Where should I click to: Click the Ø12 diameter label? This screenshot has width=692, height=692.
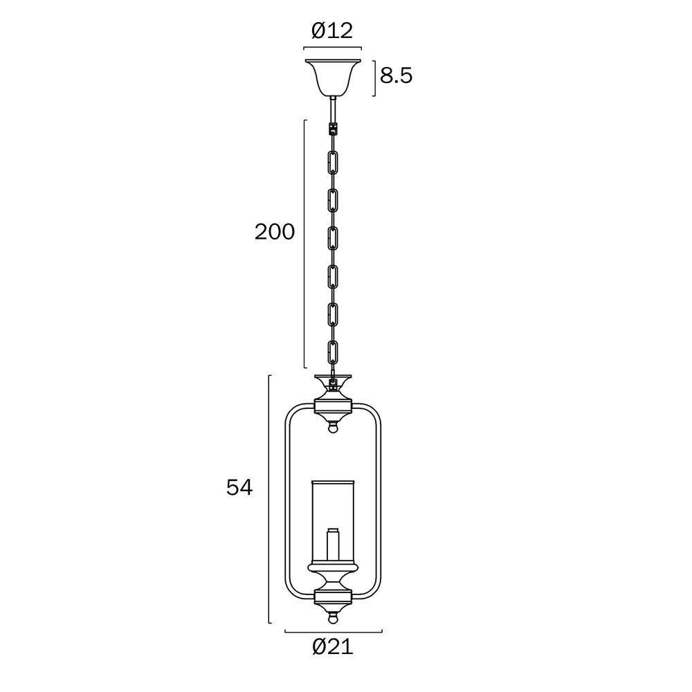pyautogui.click(x=332, y=31)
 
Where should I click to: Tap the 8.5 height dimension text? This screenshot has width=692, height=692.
pyautogui.click(x=397, y=76)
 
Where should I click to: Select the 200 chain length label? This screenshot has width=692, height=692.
pyautogui.click(x=275, y=232)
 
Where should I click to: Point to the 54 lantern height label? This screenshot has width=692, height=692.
pyautogui.click(x=239, y=488)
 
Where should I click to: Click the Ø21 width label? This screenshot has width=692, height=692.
pyautogui.click(x=334, y=647)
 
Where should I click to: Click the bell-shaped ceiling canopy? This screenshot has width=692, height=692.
pyautogui.click(x=333, y=78)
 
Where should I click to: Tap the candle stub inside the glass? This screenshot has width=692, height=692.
pyautogui.click(x=333, y=545)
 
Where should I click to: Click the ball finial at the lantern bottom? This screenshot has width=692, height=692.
pyautogui.click(x=334, y=619)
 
